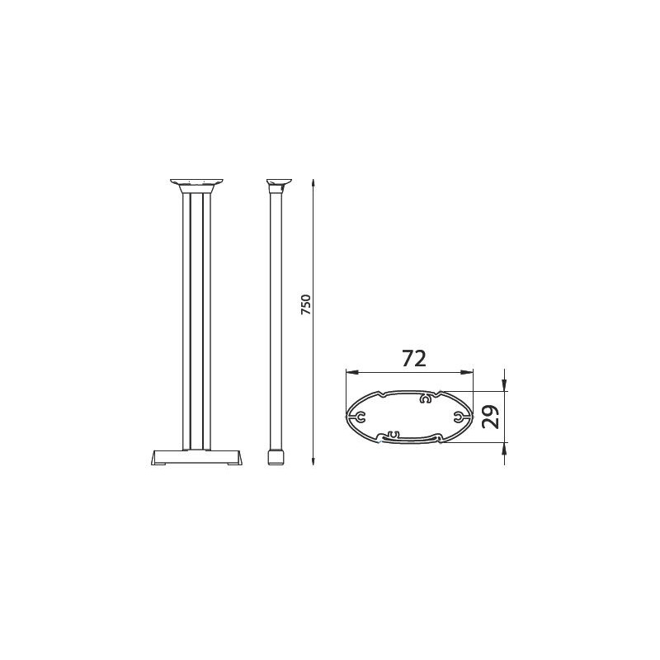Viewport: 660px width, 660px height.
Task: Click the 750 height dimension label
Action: pos(305,306)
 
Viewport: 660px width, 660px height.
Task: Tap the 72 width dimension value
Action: pos(413,359)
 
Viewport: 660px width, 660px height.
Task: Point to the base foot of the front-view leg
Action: pos(196,458)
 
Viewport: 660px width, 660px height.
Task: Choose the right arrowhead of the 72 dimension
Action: pos(469,372)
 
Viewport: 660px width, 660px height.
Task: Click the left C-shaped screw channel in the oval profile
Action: pos(360,417)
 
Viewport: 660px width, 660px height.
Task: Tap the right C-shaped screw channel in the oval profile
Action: pos(458,417)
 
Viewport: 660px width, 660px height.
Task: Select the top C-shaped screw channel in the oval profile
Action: pos(426,399)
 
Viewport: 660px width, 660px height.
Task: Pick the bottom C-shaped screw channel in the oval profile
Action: pos(391,434)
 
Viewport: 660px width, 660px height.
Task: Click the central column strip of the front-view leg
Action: pos(196,322)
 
